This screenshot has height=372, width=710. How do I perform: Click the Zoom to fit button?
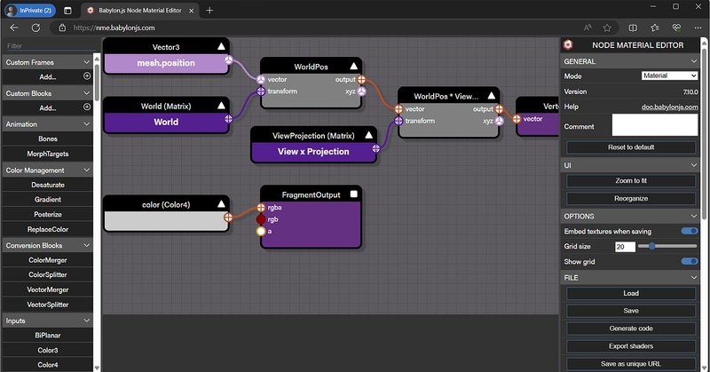(631, 181)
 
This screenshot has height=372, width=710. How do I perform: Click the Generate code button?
(631, 328)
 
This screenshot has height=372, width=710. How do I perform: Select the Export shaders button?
(631, 346)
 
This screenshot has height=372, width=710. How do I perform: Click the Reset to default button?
(631, 147)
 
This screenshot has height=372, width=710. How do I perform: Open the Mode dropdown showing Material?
(669, 75)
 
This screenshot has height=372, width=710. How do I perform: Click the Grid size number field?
(625, 247)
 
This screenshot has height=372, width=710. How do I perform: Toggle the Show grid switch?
(690, 261)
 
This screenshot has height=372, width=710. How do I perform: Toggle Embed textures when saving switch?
(690, 231)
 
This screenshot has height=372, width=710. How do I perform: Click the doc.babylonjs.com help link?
(670, 107)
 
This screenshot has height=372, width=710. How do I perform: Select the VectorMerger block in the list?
(48, 289)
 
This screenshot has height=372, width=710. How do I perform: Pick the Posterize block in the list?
(48, 214)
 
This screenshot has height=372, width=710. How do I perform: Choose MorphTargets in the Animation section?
(48, 154)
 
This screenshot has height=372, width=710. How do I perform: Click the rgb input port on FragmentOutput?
(261, 219)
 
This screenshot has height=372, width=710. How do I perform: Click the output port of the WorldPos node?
(361, 80)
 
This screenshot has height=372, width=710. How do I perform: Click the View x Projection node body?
(313, 152)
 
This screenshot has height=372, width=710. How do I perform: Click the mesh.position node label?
(166, 63)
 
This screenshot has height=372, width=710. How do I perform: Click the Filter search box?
(50, 46)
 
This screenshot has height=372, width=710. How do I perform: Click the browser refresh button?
(35, 28)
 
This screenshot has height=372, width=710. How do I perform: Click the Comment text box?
(655, 124)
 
